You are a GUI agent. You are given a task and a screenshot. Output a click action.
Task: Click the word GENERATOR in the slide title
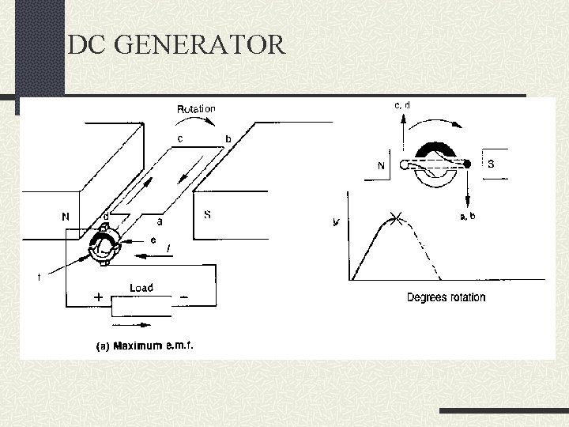pyautogui.click(x=199, y=44)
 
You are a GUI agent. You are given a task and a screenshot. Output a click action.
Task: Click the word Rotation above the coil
pyautogui.click(x=196, y=108)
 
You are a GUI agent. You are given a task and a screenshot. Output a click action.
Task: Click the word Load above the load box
pyautogui.click(x=141, y=288)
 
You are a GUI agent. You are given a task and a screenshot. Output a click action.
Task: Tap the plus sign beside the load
pyautogui.click(x=99, y=297)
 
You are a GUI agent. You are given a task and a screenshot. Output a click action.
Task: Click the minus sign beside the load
pyautogui.click(x=183, y=297)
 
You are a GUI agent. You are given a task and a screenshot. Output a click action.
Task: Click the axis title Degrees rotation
pyautogui.click(x=446, y=297)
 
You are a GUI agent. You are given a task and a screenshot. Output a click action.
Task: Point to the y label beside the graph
pyautogui.click(x=337, y=222)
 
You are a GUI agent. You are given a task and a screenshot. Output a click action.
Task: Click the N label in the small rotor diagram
pyautogui.click(x=382, y=166)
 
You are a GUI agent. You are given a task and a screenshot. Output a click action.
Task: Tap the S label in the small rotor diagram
pyautogui.click(x=491, y=165)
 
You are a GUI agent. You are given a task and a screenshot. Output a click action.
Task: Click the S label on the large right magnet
pyautogui.click(x=207, y=214)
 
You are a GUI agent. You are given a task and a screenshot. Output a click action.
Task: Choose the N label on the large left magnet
pyautogui.click(x=66, y=215)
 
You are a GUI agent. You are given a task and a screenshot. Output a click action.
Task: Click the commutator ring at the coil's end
pyautogui.click(x=104, y=244)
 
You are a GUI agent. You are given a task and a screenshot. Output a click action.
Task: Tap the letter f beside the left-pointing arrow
pyautogui.click(x=168, y=250)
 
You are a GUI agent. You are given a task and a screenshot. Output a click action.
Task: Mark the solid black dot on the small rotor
pyautogui.click(x=467, y=164)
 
